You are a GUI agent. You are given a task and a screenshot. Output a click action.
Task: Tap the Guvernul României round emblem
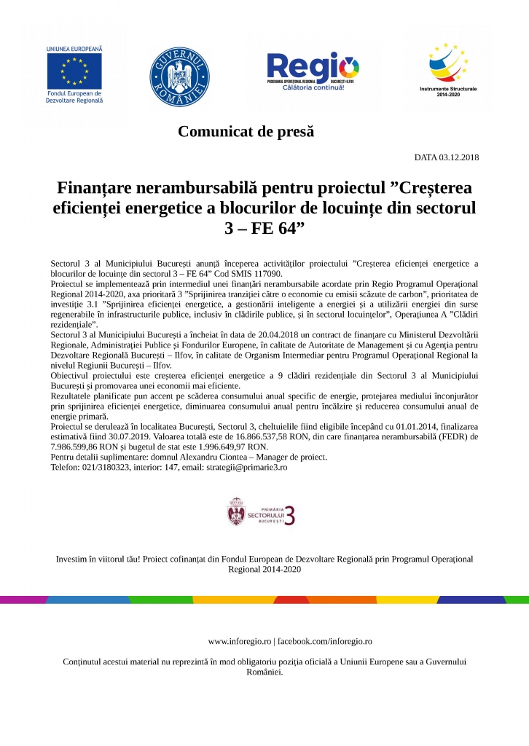point(179,76)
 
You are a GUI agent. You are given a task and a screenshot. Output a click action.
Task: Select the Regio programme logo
point(313,71)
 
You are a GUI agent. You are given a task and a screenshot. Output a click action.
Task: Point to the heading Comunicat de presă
point(246,132)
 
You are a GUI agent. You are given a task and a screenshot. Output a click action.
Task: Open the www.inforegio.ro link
point(239,641)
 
